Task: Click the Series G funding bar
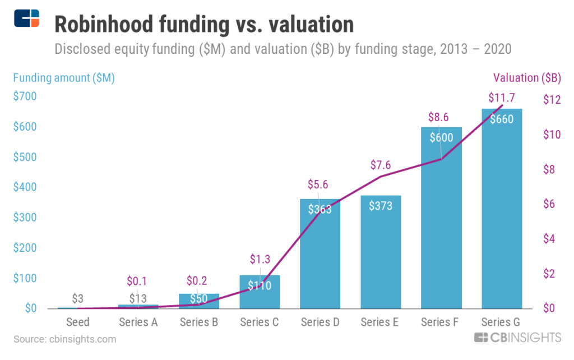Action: tap(502, 224)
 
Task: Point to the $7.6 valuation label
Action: tap(381, 164)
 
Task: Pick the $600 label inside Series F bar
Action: tap(441, 137)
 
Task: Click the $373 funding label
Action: tap(381, 206)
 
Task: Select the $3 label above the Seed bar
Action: tap(78, 298)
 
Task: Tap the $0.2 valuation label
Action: tap(199, 280)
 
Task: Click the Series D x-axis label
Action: tap(320, 322)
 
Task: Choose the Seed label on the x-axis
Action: tap(78, 322)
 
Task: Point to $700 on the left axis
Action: tap(25, 96)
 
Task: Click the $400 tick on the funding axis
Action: tap(25, 187)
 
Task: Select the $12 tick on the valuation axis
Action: tap(552, 100)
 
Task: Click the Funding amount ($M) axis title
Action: tap(64, 78)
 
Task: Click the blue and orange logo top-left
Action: tap(27, 18)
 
